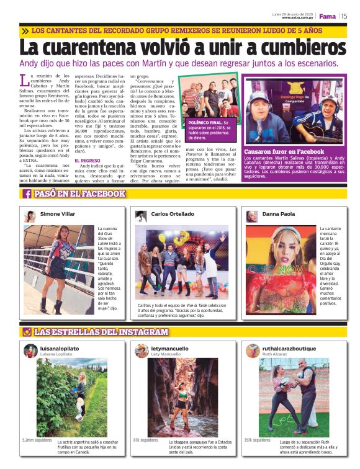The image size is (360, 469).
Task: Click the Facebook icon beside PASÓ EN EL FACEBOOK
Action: point(27,194)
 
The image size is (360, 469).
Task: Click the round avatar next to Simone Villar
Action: point(30,216)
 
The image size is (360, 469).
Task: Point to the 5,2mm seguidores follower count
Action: point(37,440)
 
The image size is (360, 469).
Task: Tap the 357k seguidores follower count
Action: point(257,440)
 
